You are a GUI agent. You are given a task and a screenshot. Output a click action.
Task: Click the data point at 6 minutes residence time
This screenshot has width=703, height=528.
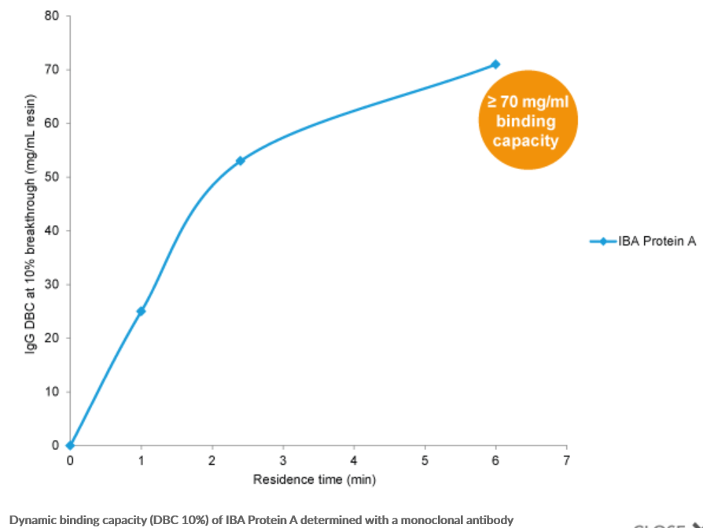point(495,65)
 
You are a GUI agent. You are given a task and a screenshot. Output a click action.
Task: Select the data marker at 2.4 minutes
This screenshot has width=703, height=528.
point(241,161)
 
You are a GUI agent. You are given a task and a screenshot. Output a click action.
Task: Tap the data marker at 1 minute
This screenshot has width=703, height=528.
point(141,311)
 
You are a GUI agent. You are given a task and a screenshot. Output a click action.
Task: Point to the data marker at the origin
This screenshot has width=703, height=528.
point(70,445)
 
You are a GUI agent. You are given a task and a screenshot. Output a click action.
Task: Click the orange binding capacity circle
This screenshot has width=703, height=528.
point(528,120)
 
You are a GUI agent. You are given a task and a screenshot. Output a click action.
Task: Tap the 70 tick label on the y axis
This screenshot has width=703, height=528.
point(53,70)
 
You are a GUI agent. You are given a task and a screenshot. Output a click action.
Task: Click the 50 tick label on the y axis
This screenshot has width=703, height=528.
point(53,177)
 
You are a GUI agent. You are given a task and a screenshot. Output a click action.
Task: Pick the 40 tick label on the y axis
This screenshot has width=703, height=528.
point(53,231)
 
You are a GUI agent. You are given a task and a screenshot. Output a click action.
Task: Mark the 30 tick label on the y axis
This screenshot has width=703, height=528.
point(53,284)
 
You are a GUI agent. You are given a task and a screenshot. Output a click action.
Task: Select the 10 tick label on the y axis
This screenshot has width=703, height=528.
point(53,392)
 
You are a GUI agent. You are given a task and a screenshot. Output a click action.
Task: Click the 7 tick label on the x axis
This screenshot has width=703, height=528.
point(566,461)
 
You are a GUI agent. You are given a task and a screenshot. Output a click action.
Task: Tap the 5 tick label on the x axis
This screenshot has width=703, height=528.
point(425,461)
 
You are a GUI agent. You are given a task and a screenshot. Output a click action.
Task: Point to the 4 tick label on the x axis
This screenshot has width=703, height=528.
point(354,461)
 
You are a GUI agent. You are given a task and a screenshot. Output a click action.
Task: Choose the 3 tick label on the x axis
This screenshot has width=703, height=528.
point(283,461)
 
